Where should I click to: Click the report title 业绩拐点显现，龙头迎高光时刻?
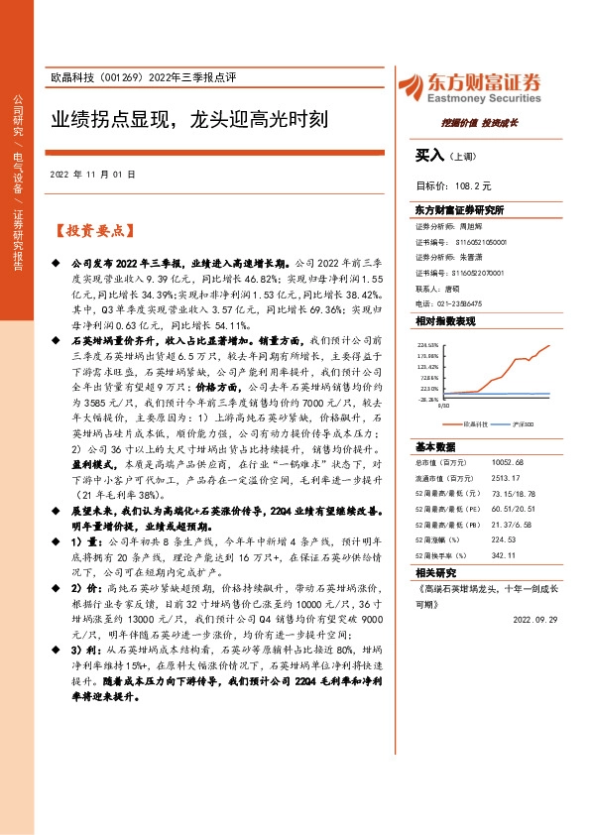[189, 122]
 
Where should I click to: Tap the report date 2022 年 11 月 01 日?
[92, 175]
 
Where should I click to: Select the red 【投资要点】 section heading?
[92, 231]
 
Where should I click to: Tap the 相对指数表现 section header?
[446, 321]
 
